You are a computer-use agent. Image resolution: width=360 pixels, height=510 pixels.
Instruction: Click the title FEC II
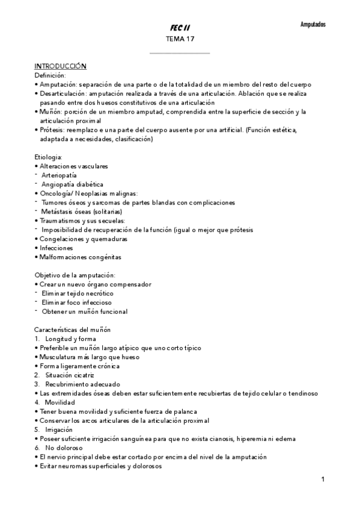click(180, 28)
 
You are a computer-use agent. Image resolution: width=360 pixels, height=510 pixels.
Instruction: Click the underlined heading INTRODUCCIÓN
click(61, 66)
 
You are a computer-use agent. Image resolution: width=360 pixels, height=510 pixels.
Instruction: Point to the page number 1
click(323, 479)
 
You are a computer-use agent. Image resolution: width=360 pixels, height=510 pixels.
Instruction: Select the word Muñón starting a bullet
click(49, 112)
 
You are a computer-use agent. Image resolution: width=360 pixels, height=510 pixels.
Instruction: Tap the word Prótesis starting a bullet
click(52, 130)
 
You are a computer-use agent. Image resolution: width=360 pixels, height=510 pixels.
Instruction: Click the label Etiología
click(48, 157)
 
